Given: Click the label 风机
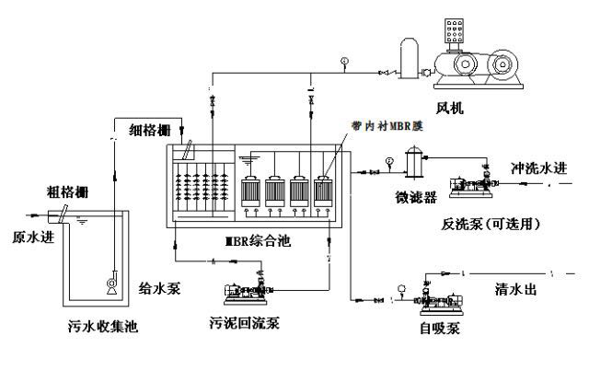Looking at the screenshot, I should [450, 109].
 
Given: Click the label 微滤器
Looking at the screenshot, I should [405, 197].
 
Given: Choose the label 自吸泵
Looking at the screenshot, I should [440, 329].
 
